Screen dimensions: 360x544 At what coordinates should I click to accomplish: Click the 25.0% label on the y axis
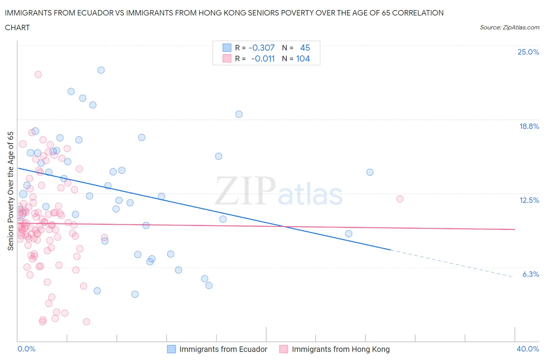528,52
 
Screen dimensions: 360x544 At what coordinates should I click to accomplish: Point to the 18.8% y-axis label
529,126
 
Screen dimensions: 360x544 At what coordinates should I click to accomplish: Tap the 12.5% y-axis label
529,200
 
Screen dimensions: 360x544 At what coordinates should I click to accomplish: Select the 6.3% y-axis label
530,274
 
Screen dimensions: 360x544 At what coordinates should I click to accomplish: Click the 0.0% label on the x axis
26,349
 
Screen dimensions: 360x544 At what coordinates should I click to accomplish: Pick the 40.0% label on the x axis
528,349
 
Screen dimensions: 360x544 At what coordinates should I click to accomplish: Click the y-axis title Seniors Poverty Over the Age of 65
10,191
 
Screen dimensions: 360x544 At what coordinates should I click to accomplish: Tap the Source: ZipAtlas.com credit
509,27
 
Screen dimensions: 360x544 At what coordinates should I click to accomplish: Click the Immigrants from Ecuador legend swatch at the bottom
171,349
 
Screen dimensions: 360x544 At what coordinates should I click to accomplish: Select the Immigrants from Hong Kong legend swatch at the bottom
284,349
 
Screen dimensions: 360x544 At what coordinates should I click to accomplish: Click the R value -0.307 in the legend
262,48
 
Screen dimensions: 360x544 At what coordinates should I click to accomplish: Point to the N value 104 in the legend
303,58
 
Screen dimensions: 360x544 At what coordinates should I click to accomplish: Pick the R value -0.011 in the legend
263,58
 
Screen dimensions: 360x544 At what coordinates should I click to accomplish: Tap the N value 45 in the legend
305,48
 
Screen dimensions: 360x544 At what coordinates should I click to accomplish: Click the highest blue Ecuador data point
101,70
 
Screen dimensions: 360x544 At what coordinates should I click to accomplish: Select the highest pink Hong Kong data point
38,74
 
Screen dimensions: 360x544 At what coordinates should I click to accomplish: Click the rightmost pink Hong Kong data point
400,199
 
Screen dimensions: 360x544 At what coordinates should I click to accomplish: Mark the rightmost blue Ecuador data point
370,172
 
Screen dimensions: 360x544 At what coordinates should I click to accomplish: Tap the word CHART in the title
17,27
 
